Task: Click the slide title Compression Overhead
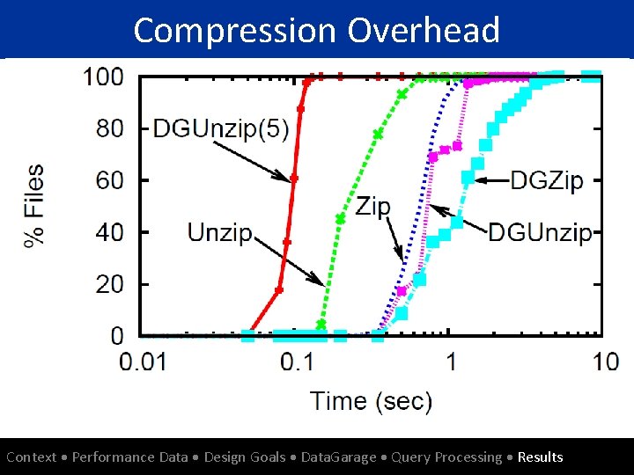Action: pos(317,30)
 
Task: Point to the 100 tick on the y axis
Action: pos(103,77)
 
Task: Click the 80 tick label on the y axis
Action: pos(109,128)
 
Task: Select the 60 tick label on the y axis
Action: pos(109,180)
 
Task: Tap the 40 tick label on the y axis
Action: pos(109,232)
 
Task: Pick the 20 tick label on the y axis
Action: pos(109,284)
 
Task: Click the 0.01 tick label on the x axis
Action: pos(142,362)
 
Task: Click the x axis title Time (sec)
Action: pos(371,401)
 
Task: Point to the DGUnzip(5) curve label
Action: pos(220,128)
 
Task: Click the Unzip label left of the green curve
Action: pos(220,233)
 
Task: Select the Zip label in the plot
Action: pos(372,207)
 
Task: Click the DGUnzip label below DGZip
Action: pos(540,233)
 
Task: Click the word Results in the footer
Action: pos(540,457)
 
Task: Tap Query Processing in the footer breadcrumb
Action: pos(446,457)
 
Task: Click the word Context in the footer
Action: pos(32,457)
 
